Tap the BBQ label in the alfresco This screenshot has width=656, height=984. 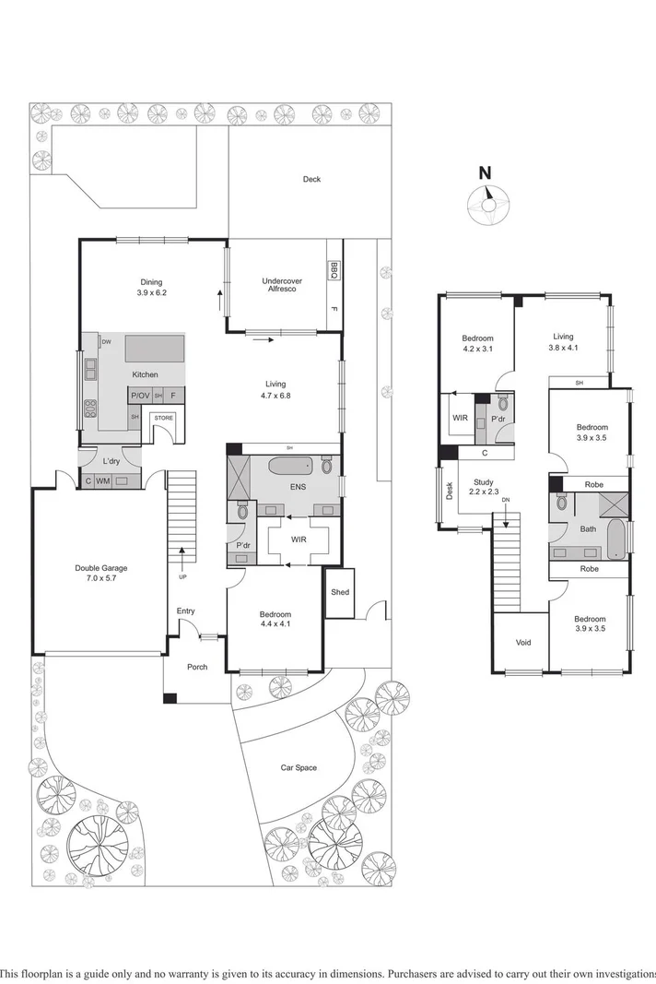[334, 269]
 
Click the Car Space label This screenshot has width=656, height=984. [299, 767]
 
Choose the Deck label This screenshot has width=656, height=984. [312, 179]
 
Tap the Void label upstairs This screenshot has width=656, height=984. [522, 643]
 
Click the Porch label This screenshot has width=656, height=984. [197, 667]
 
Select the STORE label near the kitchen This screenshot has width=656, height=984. [163, 418]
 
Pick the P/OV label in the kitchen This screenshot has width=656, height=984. [140, 396]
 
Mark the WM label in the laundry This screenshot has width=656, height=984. [103, 480]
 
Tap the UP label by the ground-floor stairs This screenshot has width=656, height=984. [182, 576]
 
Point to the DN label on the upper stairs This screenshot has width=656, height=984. [504, 499]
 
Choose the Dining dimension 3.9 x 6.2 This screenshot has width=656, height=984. [151, 293]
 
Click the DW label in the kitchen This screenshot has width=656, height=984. [107, 342]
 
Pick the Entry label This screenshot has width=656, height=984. [186, 611]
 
